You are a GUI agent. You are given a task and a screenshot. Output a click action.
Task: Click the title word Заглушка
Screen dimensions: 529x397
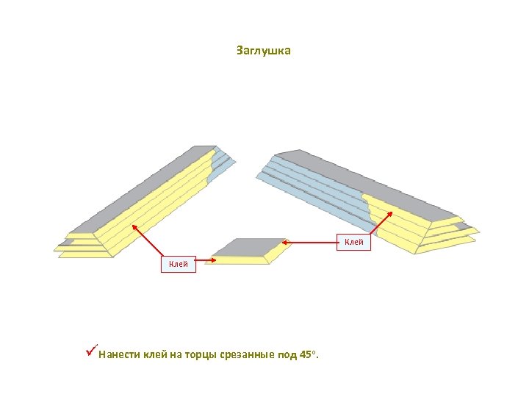(264, 51)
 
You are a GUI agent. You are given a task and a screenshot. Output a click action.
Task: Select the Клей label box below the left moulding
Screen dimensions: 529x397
(179, 264)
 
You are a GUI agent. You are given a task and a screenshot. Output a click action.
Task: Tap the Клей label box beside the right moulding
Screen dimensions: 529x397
(354, 242)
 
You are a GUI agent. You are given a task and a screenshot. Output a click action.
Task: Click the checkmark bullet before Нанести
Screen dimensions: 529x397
(91, 354)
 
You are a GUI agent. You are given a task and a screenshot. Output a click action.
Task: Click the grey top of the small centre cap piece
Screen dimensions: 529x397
(250, 248)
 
